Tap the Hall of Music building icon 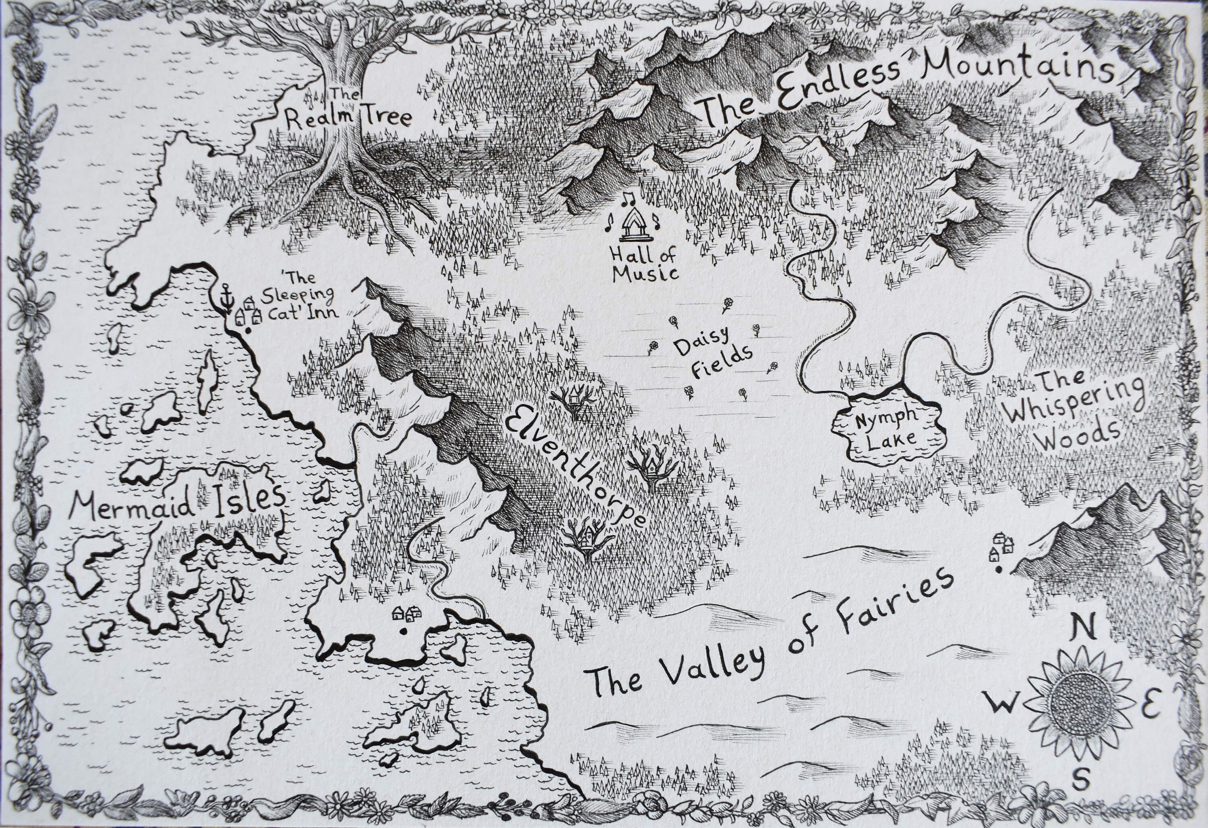[x=632, y=225]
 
